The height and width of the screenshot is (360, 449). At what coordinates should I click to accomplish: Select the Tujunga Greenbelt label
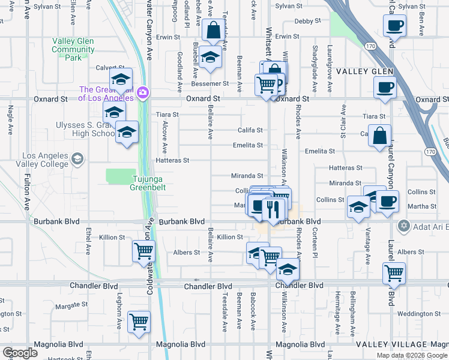coord(148,182)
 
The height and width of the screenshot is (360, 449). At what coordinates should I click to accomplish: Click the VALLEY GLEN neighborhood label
coord(364,72)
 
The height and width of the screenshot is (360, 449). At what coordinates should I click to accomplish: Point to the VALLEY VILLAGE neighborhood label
coord(390,344)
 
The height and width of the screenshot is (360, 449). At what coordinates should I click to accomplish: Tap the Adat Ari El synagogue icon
coord(403,226)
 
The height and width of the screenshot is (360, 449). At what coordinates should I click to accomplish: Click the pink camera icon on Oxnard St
coord(143,92)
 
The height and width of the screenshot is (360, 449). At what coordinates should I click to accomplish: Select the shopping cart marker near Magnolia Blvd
coord(139,321)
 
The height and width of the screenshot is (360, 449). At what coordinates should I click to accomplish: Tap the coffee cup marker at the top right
coord(395,25)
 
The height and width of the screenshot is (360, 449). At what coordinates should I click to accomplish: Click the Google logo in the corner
coord(20,353)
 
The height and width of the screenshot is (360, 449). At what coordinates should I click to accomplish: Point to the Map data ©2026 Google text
coord(411,355)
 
